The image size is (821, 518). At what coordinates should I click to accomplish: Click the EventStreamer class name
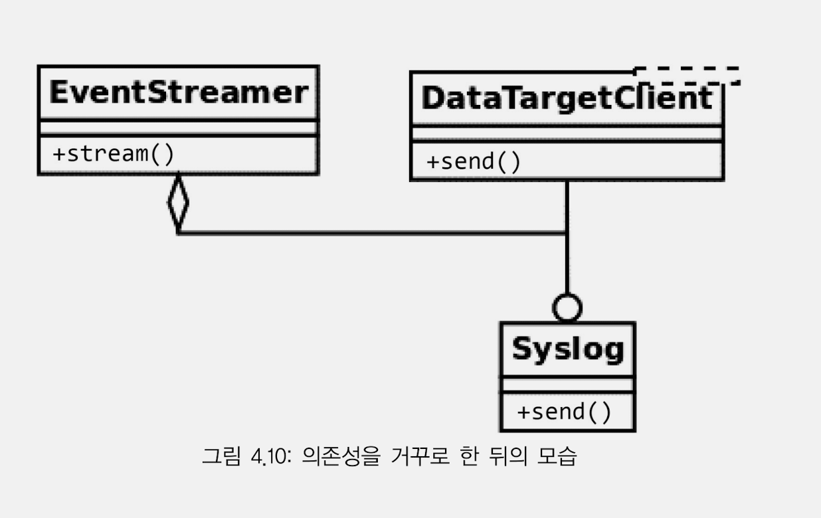(x=179, y=92)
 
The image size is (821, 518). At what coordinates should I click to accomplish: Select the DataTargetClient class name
(x=567, y=98)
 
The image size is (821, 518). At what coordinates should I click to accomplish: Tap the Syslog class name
(x=568, y=350)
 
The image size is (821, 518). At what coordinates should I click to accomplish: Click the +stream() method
(x=114, y=154)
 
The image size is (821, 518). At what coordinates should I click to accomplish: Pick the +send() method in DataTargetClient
(x=474, y=161)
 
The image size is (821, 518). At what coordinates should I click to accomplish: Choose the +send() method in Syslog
(x=564, y=412)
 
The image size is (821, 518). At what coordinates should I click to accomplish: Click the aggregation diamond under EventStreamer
(x=178, y=203)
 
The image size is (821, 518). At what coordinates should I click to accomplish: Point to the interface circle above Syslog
(x=567, y=307)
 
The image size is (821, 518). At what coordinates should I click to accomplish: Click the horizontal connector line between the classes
(x=373, y=232)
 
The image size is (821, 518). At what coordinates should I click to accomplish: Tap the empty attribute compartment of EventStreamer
(x=178, y=128)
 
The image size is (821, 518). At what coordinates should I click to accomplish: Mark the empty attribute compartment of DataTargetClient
(x=567, y=133)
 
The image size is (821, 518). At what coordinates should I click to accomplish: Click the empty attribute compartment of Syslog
(x=568, y=385)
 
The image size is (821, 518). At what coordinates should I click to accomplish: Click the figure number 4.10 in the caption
(x=271, y=456)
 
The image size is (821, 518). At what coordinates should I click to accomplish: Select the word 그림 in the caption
(x=221, y=456)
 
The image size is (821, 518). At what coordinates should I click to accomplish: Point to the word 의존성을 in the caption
(x=341, y=456)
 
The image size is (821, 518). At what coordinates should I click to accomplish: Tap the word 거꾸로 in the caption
(x=420, y=456)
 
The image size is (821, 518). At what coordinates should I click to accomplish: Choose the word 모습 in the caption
(x=557, y=456)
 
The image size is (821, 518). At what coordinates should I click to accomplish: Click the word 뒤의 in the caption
(x=508, y=456)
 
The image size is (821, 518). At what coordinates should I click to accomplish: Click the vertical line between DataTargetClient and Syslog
(x=567, y=237)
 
